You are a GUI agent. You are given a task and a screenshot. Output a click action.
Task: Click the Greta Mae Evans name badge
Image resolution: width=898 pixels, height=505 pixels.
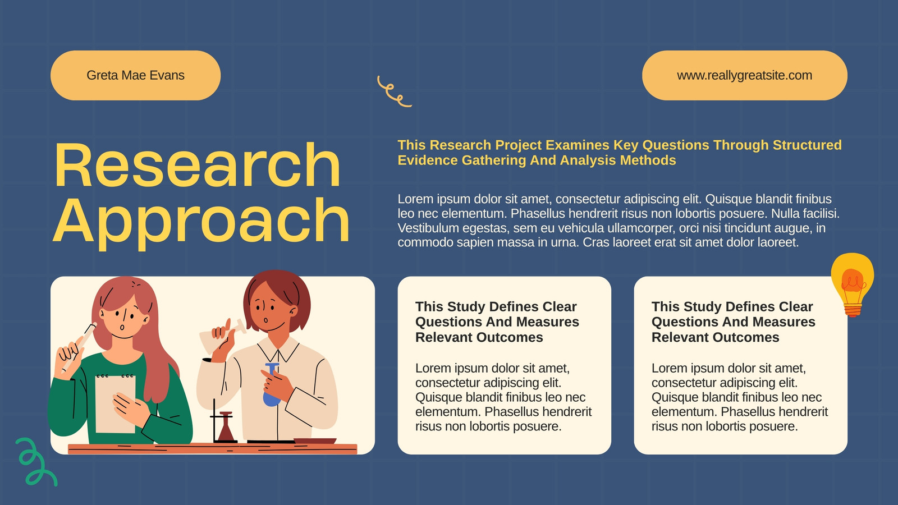click(x=135, y=75)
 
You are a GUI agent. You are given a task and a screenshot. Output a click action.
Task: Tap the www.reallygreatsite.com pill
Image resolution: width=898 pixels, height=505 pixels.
click(x=744, y=75)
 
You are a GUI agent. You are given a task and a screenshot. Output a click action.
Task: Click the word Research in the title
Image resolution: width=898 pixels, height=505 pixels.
click(x=197, y=165)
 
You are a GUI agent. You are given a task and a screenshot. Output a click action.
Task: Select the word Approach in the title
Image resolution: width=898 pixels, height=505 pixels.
click(x=201, y=223)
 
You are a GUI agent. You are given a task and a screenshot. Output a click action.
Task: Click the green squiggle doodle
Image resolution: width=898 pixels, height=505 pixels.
click(x=36, y=462)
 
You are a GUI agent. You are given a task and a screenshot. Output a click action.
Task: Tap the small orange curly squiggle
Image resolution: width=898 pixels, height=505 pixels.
click(x=394, y=91)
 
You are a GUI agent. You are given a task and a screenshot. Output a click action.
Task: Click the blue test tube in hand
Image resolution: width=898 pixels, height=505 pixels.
click(x=272, y=385)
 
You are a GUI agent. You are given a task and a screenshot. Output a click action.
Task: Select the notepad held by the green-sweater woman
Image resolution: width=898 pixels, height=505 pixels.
click(x=115, y=404)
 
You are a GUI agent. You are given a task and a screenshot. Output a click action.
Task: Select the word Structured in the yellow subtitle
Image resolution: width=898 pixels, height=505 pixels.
click(x=807, y=145)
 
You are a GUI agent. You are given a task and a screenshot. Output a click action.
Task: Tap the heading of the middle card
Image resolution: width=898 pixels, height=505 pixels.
click(x=497, y=322)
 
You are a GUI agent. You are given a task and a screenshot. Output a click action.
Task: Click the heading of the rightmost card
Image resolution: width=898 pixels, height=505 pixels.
click(x=733, y=322)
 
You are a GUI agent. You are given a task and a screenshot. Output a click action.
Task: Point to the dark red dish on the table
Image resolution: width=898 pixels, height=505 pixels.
click(x=315, y=441)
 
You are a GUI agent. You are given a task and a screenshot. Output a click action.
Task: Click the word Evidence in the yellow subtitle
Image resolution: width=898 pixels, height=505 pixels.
click(x=428, y=160)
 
